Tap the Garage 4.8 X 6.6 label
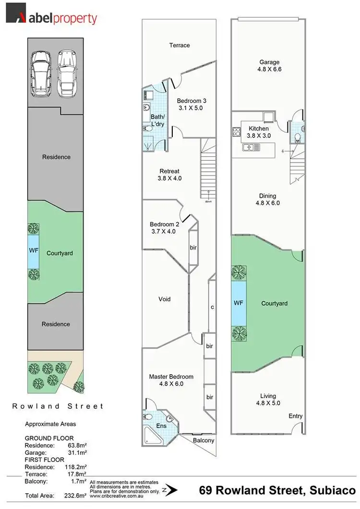tap(269, 66)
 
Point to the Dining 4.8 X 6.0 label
tap(267, 199)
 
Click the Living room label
tap(268, 399)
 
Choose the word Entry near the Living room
tap(295, 416)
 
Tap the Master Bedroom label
tap(171, 380)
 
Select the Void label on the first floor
tap(165, 299)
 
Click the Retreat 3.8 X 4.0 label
tap(169, 175)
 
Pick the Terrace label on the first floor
tap(180, 46)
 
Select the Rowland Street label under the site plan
tap(58, 406)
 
